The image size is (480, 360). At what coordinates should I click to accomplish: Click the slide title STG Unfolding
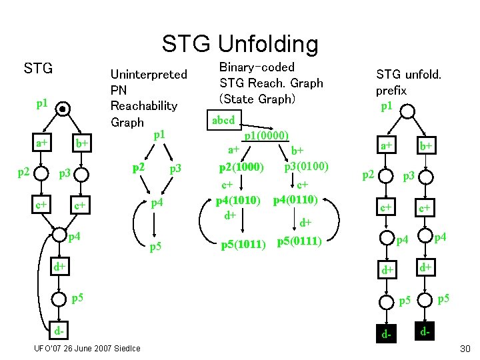240,44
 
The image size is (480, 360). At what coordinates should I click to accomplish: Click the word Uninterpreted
148,74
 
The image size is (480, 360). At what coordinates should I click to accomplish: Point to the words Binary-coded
257,67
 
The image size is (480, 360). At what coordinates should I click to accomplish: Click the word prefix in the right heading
391,90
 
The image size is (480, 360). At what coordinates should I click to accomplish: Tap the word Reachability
143,106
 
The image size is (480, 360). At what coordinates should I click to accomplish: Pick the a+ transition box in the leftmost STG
41,143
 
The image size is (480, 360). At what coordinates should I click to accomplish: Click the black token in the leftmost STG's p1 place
63,109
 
